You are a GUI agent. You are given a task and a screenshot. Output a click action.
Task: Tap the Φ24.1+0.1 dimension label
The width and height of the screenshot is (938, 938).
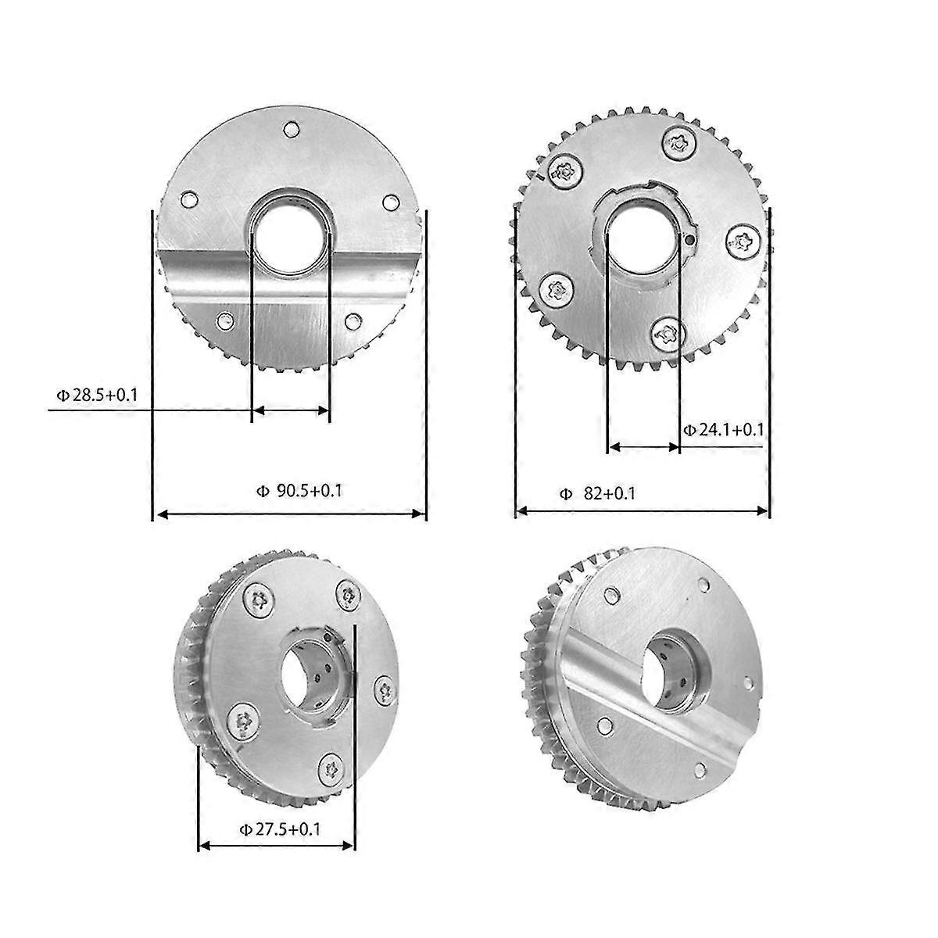723,429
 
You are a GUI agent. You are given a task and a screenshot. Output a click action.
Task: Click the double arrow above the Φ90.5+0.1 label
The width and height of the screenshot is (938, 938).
290,514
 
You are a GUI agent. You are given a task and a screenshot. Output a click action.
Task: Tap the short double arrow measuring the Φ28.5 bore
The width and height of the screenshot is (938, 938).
291,410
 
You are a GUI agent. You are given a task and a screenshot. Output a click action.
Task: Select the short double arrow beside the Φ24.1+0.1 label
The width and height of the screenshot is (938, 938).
643,447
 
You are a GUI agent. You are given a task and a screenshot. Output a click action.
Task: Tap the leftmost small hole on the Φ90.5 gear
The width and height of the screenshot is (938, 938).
188,200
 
